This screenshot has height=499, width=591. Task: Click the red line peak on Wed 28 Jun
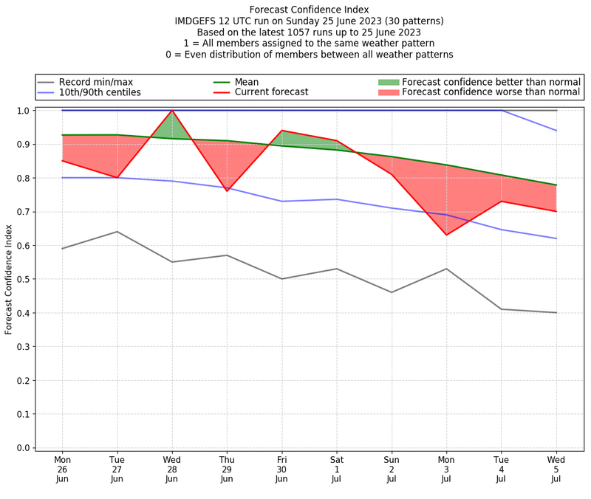coord(172,111)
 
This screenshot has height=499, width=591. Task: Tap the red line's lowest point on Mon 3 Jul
coord(446,235)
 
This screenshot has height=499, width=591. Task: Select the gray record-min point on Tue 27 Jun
coord(117,232)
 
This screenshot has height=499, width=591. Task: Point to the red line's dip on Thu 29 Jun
coord(227,191)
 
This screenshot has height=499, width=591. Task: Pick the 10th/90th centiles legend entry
coord(99,92)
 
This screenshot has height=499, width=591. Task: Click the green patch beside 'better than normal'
coord(388,82)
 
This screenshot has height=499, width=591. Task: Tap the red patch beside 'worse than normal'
coord(388,92)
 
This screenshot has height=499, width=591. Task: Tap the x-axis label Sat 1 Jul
coord(336,469)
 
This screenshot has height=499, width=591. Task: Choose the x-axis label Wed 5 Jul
coord(556,469)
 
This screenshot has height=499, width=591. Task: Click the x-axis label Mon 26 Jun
coord(62,469)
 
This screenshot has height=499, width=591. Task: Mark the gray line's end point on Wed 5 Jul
coord(556,312)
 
